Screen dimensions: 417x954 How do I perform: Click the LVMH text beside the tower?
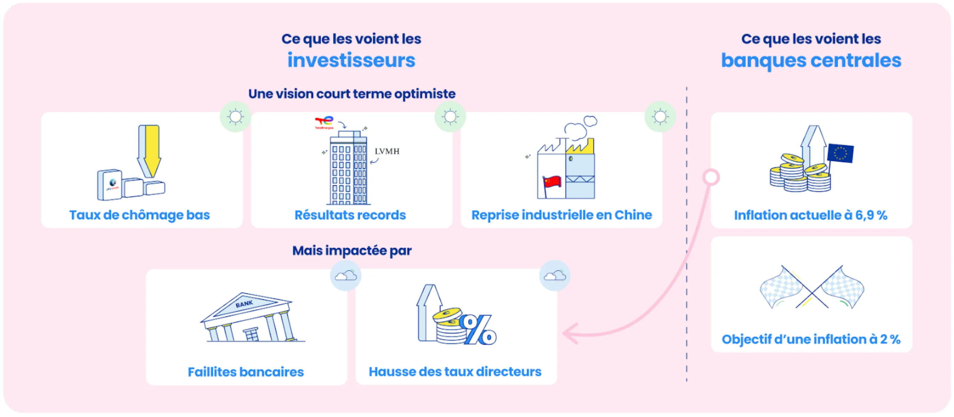pos(387,151)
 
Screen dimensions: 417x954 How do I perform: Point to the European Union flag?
pos(840,153)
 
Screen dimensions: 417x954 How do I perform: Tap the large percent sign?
pos(478,329)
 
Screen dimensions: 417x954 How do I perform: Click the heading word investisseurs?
pos(351,60)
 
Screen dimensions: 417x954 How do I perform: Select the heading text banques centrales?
pos(811,60)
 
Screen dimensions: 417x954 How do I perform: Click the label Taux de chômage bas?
pos(140,215)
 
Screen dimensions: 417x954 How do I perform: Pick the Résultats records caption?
pos(350,215)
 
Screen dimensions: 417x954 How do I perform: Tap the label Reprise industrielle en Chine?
pos(562,215)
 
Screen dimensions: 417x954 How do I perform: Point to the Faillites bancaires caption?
pos(246,372)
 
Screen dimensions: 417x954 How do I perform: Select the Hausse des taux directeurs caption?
pos(455,371)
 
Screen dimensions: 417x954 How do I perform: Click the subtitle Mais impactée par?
pos(352,251)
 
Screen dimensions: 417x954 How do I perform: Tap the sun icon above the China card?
pos(660,117)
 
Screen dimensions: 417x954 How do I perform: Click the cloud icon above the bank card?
pos(345,276)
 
